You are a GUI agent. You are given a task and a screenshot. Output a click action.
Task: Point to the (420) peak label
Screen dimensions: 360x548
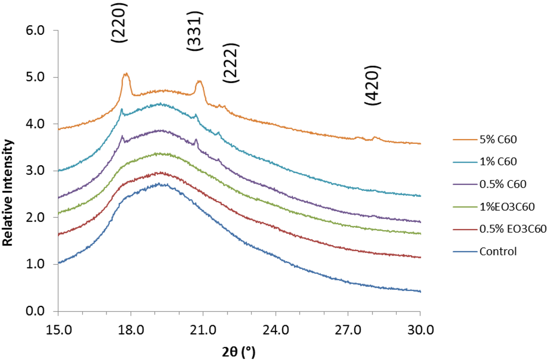(x=372, y=86)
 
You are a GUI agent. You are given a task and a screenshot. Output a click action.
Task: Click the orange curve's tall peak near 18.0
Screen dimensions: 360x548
(x=126, y=74)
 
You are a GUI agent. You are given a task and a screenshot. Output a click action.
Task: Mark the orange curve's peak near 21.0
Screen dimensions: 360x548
(x=199, y=81)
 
